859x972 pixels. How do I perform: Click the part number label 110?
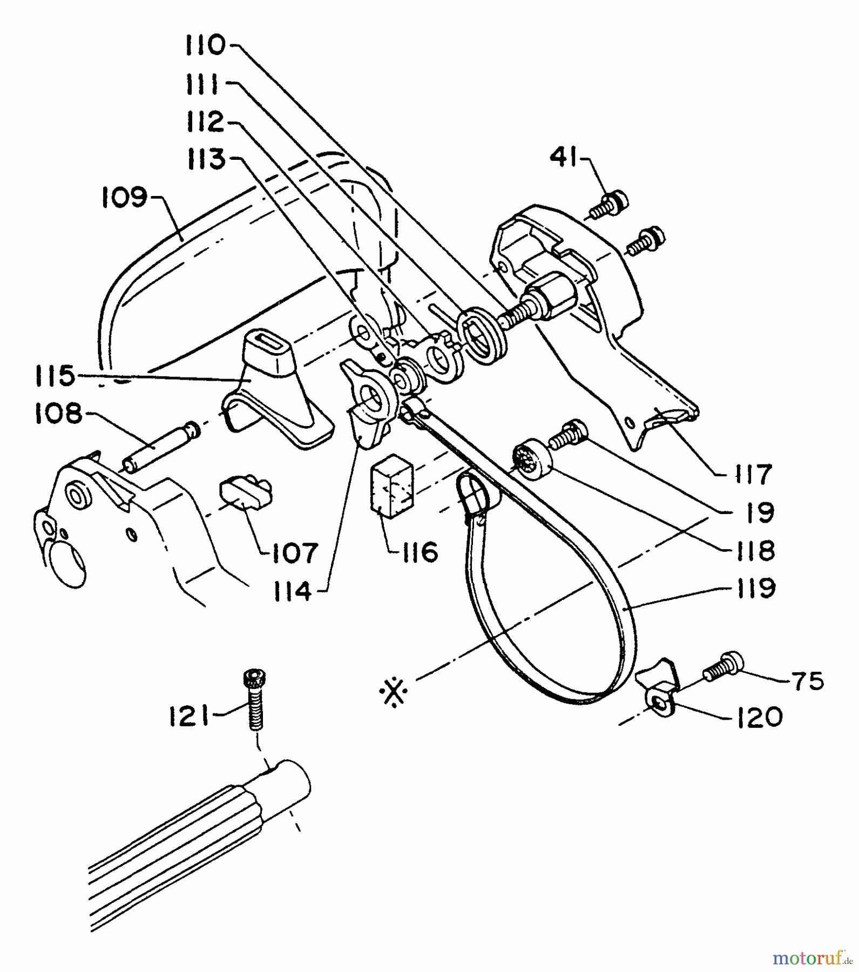pos(205,45)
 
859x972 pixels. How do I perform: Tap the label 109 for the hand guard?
pos(124,198)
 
